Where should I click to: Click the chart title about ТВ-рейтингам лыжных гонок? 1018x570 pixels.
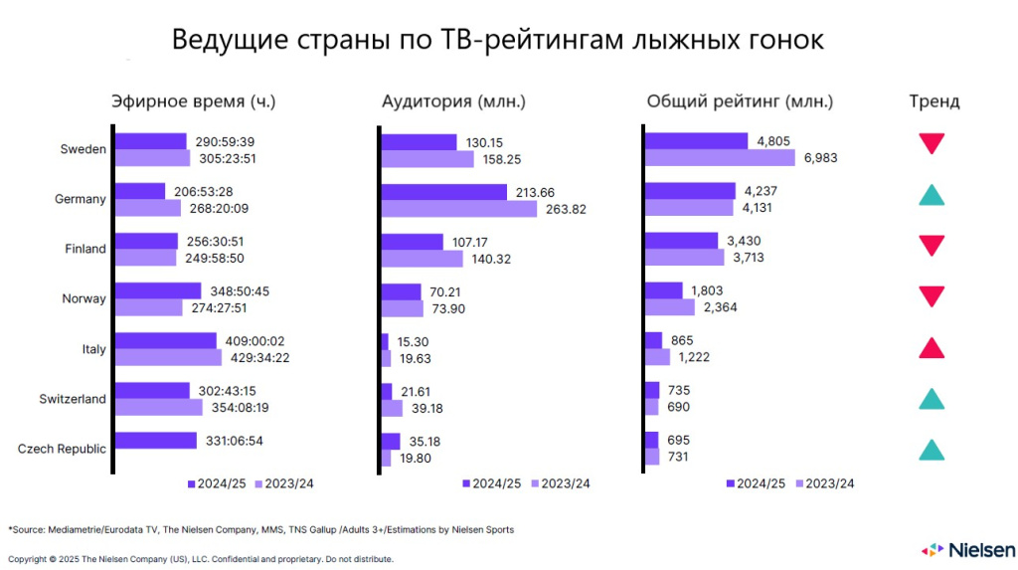pos(498,40)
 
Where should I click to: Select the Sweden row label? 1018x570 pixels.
pos(83,149)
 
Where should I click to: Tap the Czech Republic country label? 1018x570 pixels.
pos(62,449)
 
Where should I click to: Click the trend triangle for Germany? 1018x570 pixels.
pos(932,195)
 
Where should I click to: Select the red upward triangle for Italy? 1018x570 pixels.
pos(932,347)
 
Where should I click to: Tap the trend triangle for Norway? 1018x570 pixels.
pos(932,296)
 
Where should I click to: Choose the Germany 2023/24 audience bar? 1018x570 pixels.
pos(458,208)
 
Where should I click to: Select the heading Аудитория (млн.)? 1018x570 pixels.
pos(453,101)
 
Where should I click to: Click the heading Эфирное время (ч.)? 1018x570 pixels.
pos(193,101)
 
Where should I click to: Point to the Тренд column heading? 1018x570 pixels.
pos(933,101)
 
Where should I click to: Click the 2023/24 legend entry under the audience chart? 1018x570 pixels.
pos(561,483)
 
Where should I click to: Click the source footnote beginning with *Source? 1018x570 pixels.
pos(261,529)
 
